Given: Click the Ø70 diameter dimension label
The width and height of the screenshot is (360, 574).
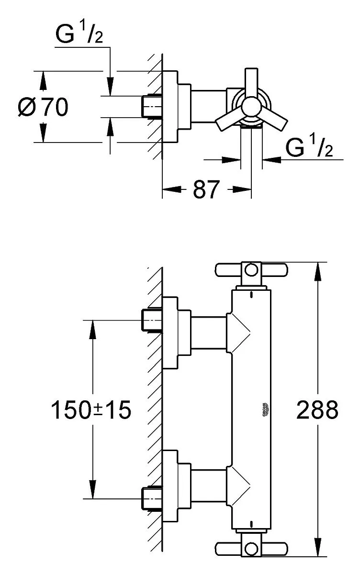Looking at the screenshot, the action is (x=43, y=106).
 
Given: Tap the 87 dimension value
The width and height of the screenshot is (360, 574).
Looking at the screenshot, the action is (x=206, y=189).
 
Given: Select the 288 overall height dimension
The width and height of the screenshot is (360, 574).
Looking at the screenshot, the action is (x=317, y=409).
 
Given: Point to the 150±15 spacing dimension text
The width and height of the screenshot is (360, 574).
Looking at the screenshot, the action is (x=91, y=410).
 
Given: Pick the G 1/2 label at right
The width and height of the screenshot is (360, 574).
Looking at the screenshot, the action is (x=309, y=147).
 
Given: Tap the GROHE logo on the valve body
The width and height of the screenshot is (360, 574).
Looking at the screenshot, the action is (x=265, y=410).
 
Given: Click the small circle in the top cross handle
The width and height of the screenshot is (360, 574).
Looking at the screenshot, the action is (x=251, y=270).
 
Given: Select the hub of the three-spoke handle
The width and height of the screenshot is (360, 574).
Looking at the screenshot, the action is (x=251, y=107).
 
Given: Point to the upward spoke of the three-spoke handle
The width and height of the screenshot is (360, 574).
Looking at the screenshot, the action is (x=251, y=82).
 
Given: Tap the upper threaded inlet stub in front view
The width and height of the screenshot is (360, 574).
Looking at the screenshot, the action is (x=152, y=320).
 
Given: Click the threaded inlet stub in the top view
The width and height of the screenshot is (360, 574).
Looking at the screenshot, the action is (x=152, y=107).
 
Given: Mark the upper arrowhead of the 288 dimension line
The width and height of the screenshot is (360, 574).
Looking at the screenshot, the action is (x=318, y=271).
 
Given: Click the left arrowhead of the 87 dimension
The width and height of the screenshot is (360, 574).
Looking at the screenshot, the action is (x=171, y=189).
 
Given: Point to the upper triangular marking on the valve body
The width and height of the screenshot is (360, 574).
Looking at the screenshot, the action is (x=238, y=333).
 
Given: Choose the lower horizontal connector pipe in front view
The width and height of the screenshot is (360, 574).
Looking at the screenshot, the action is (x=209, y=486).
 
